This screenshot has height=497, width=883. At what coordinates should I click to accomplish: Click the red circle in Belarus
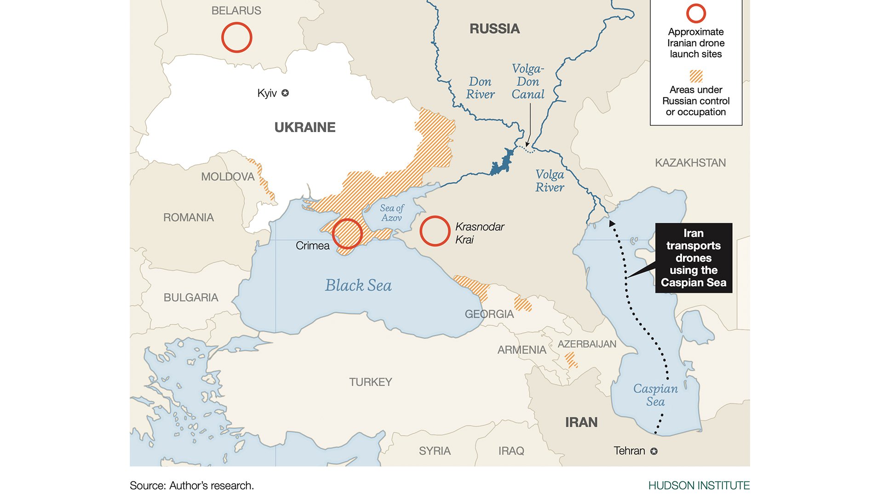[236, 37]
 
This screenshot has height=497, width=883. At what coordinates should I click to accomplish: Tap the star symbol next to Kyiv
[285, 93]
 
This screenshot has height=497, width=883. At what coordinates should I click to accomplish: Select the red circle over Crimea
[347, 234]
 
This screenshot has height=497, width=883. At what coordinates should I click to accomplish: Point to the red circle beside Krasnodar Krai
[435, 231]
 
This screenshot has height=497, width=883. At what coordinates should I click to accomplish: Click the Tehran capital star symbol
[654, 451]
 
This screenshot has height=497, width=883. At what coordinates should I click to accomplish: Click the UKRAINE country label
[305, 127]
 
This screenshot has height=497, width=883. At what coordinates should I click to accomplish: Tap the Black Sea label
[358, 285]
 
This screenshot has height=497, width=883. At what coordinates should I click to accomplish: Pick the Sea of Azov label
[392, 213]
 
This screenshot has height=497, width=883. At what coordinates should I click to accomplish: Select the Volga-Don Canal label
[528, 82]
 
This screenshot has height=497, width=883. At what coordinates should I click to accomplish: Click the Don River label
[480, 88]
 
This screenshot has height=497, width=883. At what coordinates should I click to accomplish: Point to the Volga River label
[550, 181]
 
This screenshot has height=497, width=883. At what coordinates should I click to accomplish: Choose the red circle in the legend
[696, 13]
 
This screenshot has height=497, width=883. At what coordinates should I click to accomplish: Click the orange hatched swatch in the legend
[696, 76]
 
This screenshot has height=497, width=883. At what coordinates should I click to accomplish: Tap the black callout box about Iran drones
[694, 258]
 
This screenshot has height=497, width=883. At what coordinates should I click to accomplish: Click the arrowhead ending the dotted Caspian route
[612, 223]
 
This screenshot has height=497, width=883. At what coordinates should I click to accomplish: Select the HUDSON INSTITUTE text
[699, 485]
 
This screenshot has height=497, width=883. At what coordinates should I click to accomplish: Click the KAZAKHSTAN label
[690, 163]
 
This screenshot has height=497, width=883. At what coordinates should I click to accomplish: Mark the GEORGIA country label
[489, 314]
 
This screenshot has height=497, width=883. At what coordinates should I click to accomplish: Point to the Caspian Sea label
[655, 395]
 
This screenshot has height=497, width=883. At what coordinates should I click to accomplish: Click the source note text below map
[192, 485]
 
